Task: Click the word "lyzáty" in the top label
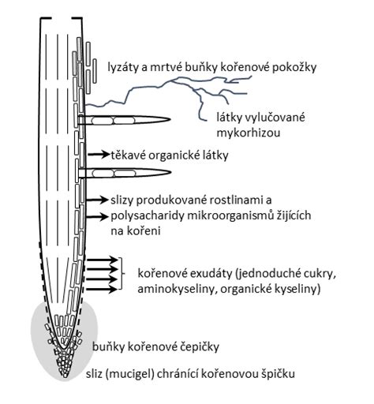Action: (x=123, y=68)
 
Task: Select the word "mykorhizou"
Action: (x=249, y=133)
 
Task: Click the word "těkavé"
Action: (x=128, y=155)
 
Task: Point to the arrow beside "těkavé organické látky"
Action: (x=99, y=155)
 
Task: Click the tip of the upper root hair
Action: (x=170, y=119)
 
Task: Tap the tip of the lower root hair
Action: (x=171, y=173)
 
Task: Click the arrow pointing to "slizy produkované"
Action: (x=97, y=200)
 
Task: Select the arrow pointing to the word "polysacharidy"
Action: (x=97, y=217)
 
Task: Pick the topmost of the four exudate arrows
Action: (x=102, y=260)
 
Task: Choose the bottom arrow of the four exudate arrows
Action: (x=102, y=290)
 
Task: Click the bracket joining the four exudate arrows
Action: (x=122, y=274)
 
